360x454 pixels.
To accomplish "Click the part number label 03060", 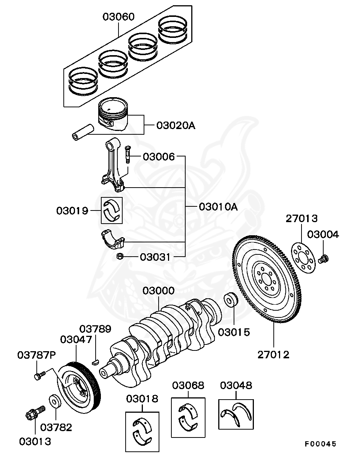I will click(119, 17).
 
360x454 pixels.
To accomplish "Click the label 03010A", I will click(218, 207).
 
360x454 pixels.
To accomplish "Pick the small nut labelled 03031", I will click(120, 257).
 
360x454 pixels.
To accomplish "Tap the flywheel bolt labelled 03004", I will click(324, 259).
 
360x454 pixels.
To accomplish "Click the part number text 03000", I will click(158, 291).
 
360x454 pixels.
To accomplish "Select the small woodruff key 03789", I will click(96, 362).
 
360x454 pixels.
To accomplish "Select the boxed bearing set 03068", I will click(188, 418).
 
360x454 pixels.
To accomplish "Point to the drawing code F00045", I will click(320, 444).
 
